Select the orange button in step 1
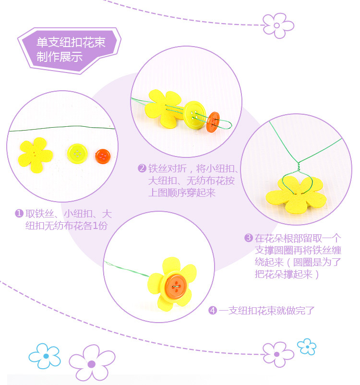[102, 156]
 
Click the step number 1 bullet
[19, 213]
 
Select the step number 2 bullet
[142, 168]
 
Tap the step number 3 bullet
[248, 238]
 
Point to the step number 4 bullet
[213, 311]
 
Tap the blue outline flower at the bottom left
[45, 356]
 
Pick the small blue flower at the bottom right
[306, 346]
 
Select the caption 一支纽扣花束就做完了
[267, 311]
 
